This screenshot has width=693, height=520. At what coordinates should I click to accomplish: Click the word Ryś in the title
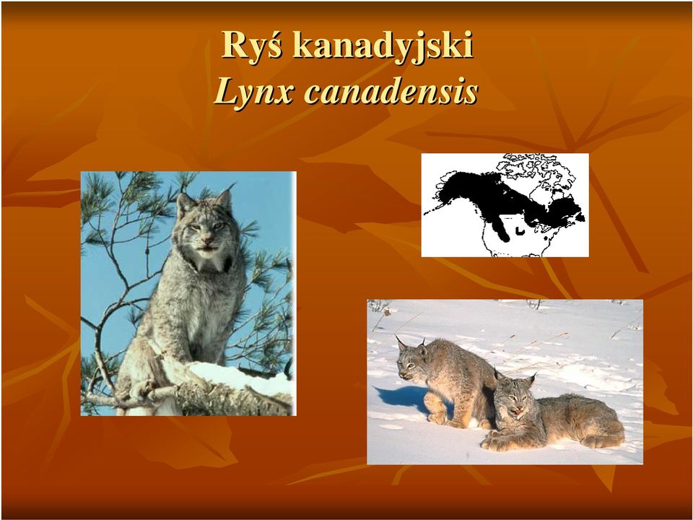[251, 45]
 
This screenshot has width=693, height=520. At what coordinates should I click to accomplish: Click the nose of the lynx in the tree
[206, 242]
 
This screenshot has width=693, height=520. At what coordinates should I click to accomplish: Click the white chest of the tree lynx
[209, 264]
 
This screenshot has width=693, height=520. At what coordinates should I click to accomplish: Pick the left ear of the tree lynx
[185, 204]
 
